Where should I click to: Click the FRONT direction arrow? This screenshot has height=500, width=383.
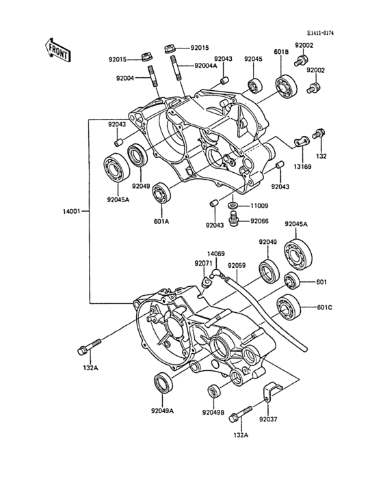(x=57, y=50)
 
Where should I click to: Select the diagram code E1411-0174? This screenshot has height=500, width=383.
(x=321, y=33)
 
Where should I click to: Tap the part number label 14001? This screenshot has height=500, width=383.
(x=72, y=211)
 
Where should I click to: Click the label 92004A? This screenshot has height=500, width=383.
(x=206, y=66)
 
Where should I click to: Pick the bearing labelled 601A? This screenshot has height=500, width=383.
(x=161, y=193)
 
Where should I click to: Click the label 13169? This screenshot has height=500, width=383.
(x=303, y=167)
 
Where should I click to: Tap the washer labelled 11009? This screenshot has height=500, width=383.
(x=233, y=205)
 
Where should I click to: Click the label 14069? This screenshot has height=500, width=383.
(x=215, y=254)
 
